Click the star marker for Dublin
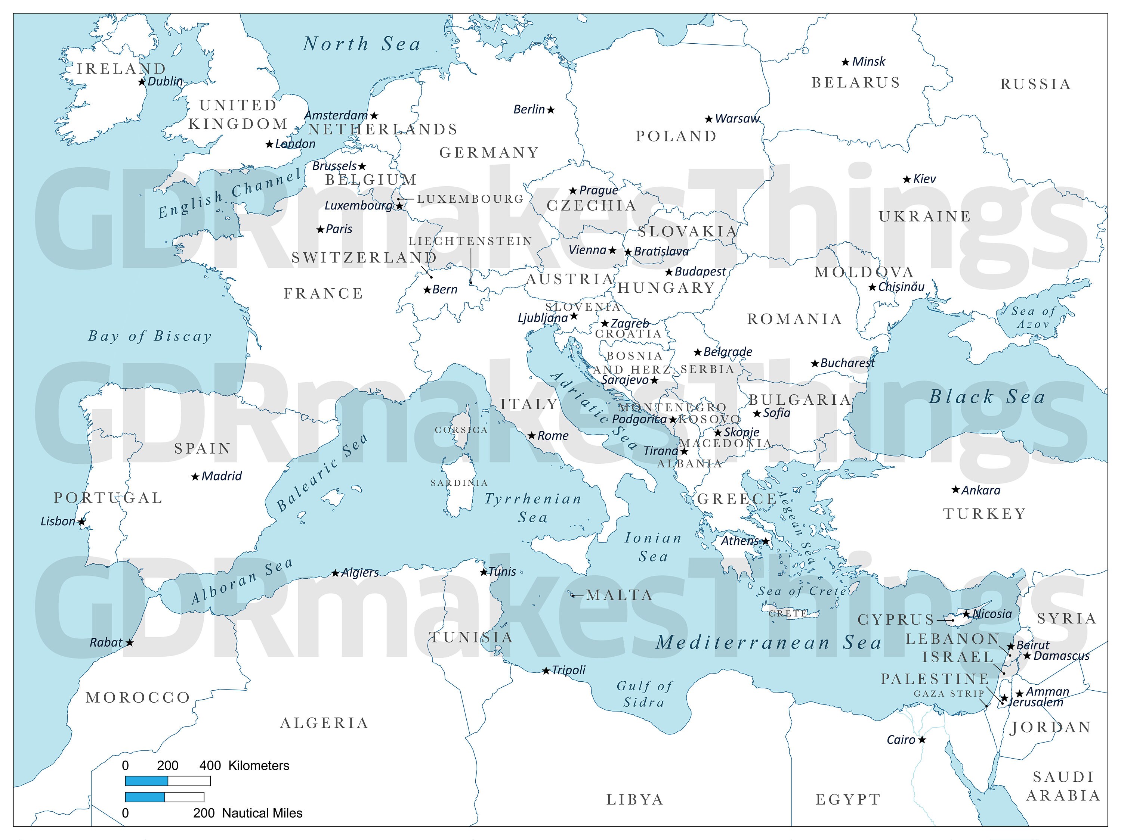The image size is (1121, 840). (x=142, y=81)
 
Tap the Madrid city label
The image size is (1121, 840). (x=222, y=476)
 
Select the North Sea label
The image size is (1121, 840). (x=362, y=44)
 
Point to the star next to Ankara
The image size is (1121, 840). (x=955, y=489)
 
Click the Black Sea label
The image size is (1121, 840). (x=987, y=397)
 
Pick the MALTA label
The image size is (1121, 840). (x=619, y=595)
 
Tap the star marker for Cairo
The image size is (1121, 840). (x=922, y=740)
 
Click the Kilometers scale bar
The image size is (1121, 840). (x=167, y=781)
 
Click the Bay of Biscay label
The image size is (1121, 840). (x=150, y=336)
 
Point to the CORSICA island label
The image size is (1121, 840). (x=461, y=430)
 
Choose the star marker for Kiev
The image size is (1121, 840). (x=907, y=179)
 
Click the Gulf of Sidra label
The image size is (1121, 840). (x=644, y=694)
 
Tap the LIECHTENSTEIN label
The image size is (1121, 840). (x=470, y=241)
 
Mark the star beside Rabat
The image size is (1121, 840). (x=130, y=643)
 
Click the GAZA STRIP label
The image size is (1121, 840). (x=949, y=694)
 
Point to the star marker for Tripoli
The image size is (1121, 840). (x=546, y=671)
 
